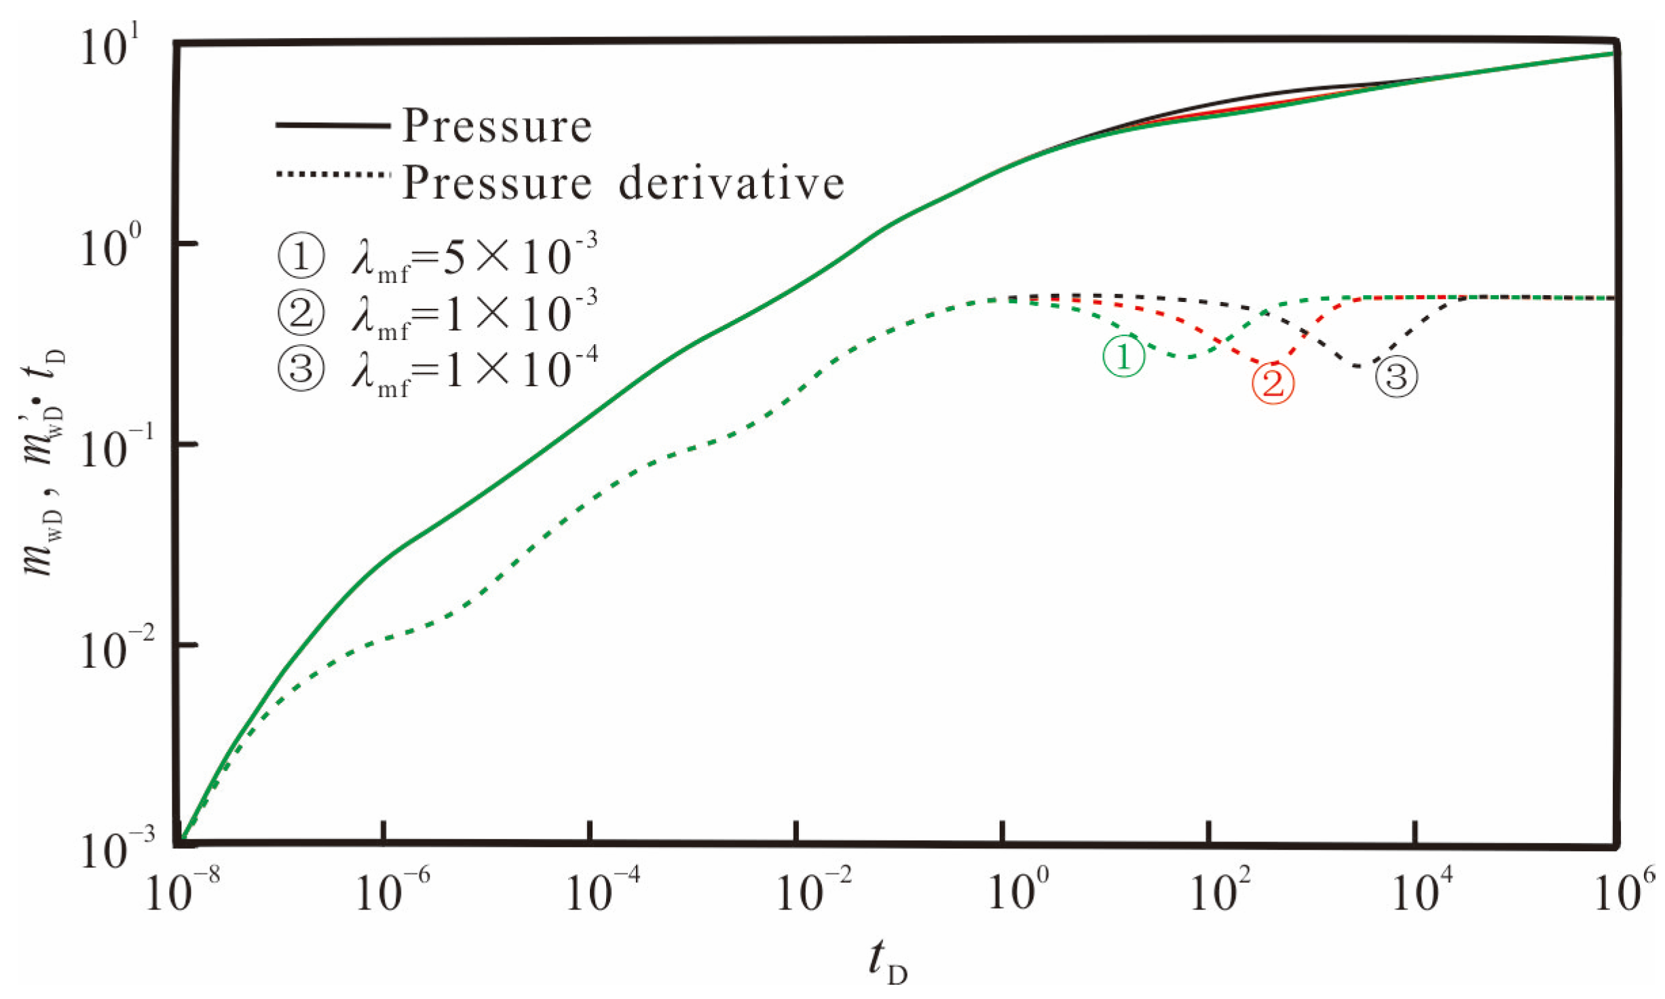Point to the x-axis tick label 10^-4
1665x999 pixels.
pos(601,890)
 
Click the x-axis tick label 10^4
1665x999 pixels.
pos(1421,890)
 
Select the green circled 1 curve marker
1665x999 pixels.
pos(1123,356)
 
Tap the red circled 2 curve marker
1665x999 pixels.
pos(1273,383)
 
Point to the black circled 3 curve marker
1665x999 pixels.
pos(1396,377)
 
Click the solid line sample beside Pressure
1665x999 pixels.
pos(333,126)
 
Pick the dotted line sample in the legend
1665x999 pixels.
pos(333,174)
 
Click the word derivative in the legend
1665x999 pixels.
pos(731,183)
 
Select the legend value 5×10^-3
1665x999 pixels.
pos(519,257)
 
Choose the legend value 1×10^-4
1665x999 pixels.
pos(519,371)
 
